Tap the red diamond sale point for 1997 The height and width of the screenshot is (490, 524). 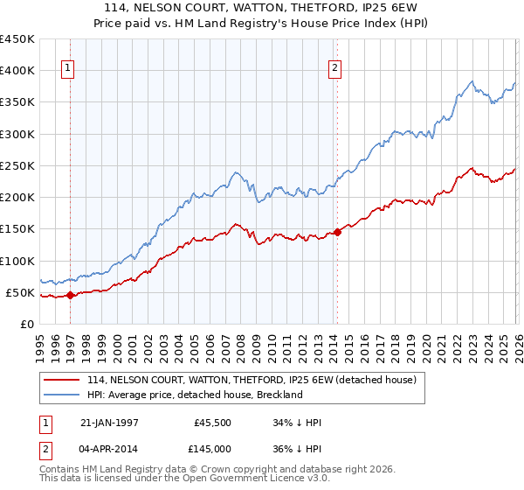[x=72, y=295]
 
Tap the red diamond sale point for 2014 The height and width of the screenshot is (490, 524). [x=337, y=232]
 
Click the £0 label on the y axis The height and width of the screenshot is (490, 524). [x=26, y=324]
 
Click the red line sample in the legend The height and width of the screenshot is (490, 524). [x=63, y=380]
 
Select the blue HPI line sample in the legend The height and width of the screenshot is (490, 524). [x=63, y=395]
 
